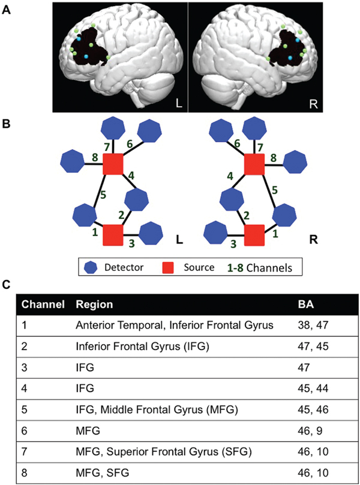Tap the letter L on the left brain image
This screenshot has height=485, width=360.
click(179, 104)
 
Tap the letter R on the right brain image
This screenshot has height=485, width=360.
click(314, 104)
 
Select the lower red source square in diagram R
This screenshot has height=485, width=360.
click(256, 234)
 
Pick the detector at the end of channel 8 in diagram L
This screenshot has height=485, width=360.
click(73, 161)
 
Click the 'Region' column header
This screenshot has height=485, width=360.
click(94, 305)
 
